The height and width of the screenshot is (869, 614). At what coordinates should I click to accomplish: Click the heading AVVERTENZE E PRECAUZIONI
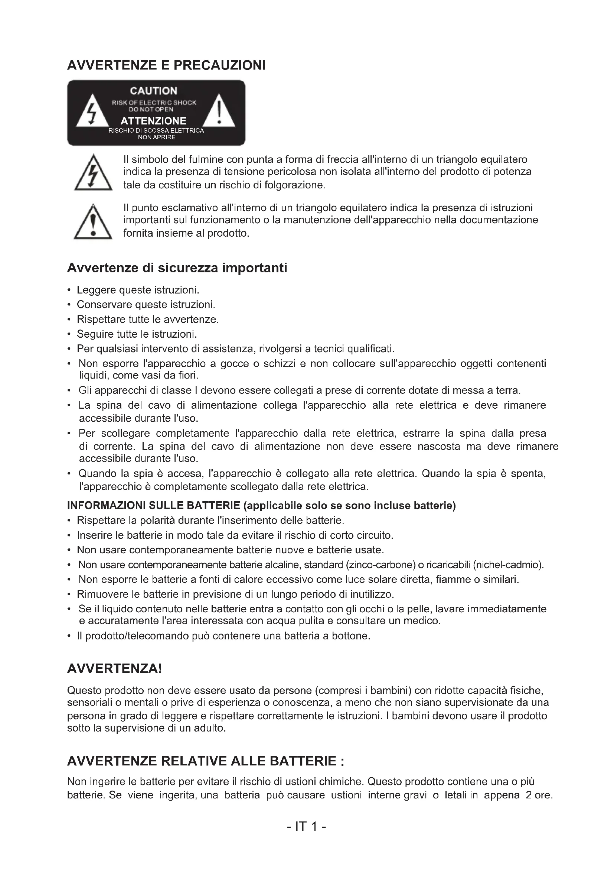click(166, 65)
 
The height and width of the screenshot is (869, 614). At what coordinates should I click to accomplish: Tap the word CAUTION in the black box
click(154, 91)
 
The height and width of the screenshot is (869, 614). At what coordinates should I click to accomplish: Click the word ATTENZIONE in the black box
click(154, 121)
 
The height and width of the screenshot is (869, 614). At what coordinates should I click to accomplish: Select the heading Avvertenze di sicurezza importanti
click(177, 268)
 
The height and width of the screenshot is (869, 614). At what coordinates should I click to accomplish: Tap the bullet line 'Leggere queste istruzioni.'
click(138, 290)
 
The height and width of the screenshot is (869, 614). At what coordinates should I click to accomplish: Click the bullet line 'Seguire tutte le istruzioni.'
click(137, 334)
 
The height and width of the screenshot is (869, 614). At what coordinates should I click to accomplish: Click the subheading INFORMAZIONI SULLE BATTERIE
click(154, 506)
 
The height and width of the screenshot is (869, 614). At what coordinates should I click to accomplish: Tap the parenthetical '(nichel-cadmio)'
click(508, 565)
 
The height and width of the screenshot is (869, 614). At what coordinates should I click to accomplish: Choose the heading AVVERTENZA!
click(114, 669)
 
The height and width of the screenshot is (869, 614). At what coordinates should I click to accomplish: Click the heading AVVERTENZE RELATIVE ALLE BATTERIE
click(205, 761)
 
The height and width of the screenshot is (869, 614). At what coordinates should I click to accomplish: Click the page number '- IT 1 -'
click(306, 827)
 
